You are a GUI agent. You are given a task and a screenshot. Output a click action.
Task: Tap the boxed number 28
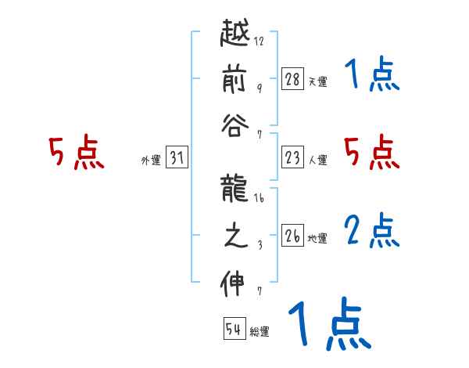click(x=292, y=78)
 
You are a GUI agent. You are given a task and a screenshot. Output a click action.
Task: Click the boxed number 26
click(x=292, y=236)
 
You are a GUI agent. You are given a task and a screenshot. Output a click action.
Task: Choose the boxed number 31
click(x=177, y=159)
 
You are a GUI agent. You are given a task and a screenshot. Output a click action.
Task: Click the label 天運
click(x=317, y=81)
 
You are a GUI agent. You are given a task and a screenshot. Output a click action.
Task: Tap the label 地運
click(x=317, y=238)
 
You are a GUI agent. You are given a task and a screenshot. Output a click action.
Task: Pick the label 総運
click(x=260, y=332)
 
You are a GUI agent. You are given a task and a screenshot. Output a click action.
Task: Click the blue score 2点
click(x=371, y=230)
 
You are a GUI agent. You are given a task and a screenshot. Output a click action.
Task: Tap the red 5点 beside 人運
click(x=371, y=152)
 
